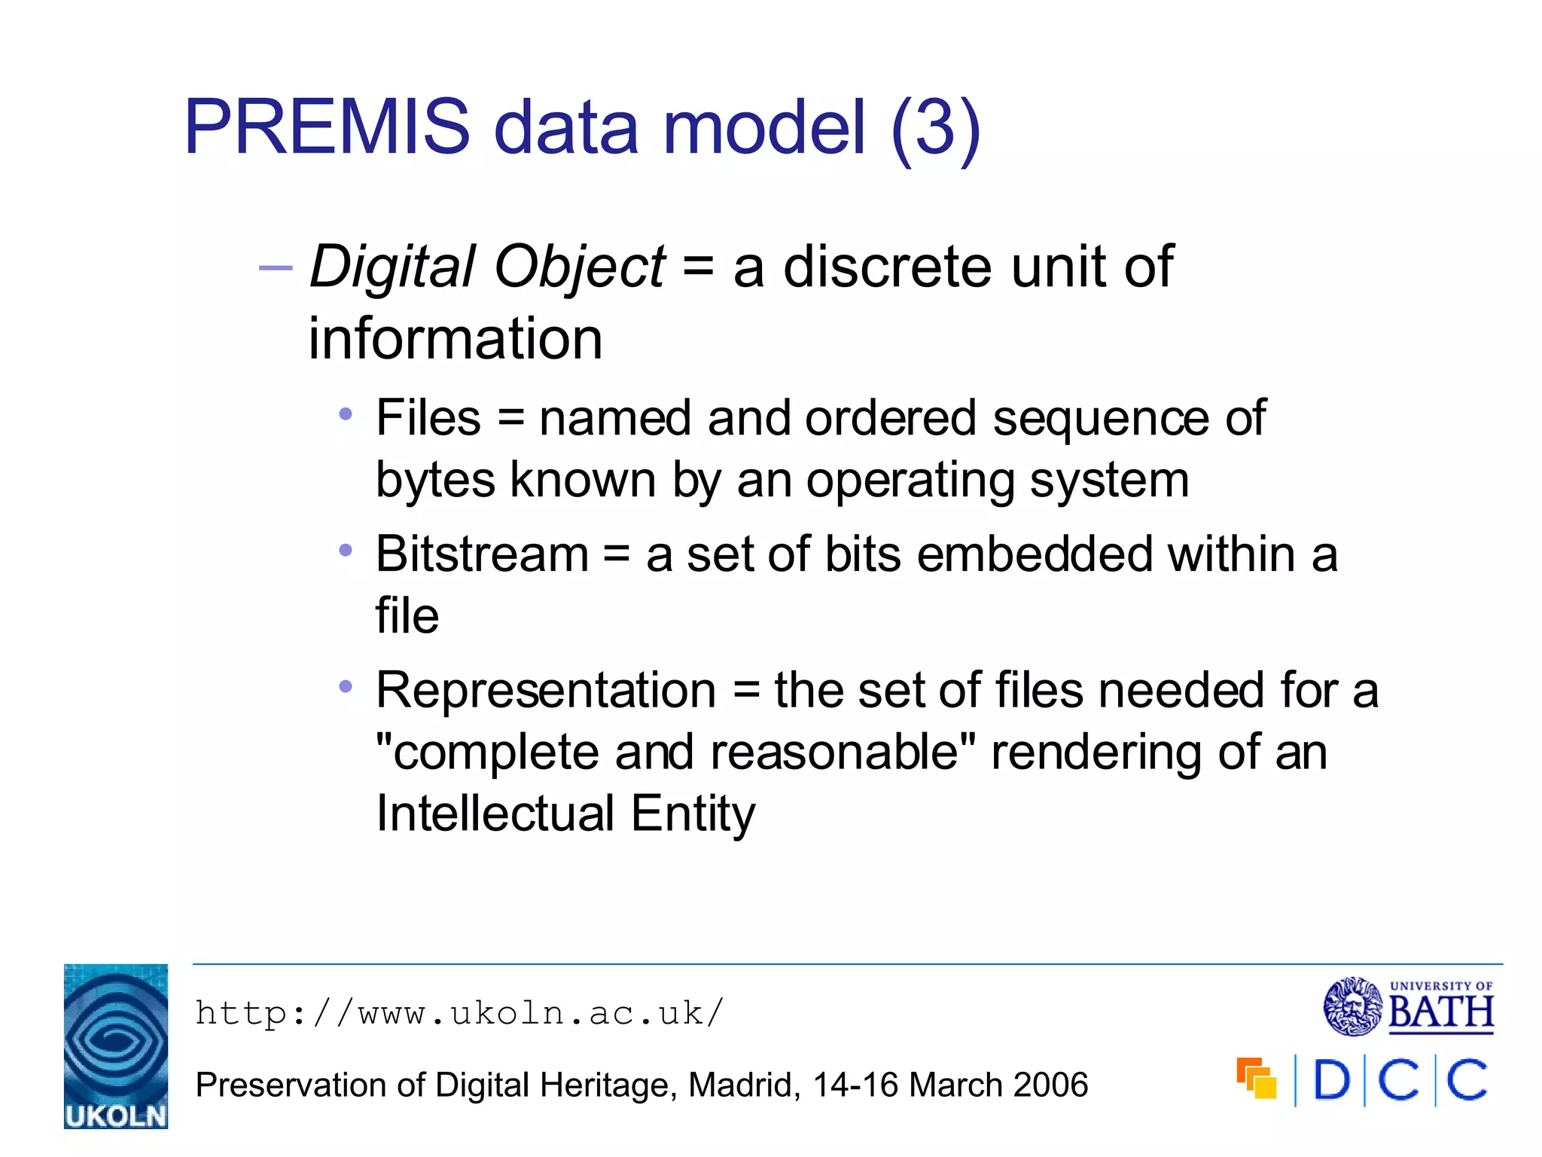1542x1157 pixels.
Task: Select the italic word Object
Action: [x=579, y=267]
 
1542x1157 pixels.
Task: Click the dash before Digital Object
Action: [x=275, y=267]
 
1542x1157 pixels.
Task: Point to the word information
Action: [x=456, y=339]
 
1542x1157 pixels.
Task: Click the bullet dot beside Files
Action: [x=346, y=414]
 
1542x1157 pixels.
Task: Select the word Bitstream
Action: [x=482, y=554]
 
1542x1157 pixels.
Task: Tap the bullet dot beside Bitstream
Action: [x=346, y=551]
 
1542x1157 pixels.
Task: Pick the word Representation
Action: [x=546, y=691]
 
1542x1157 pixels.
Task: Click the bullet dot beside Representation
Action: [x=346, y=686]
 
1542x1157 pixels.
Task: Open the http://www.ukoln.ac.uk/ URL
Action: [x=459, y=1013]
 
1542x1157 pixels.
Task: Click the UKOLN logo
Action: [x=116, y=1046]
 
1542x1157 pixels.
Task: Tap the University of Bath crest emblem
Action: [x=1353, y=1007]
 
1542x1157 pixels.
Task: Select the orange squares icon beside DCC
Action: [x=1256, y=1079]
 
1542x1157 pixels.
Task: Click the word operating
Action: [x=910, y=481]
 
